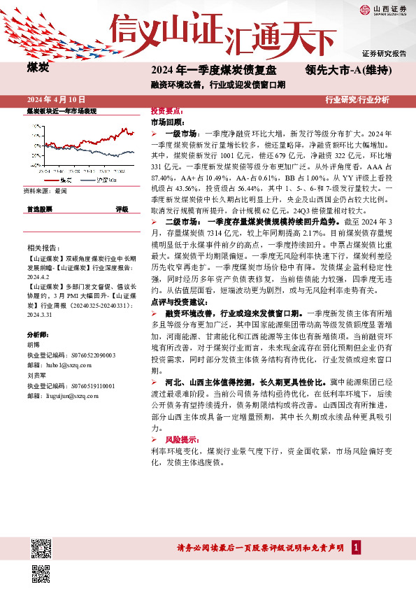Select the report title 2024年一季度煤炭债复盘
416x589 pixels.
coord(214,71)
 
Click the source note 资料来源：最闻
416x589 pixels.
coord(45,190)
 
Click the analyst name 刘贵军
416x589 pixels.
coord(36,375)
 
